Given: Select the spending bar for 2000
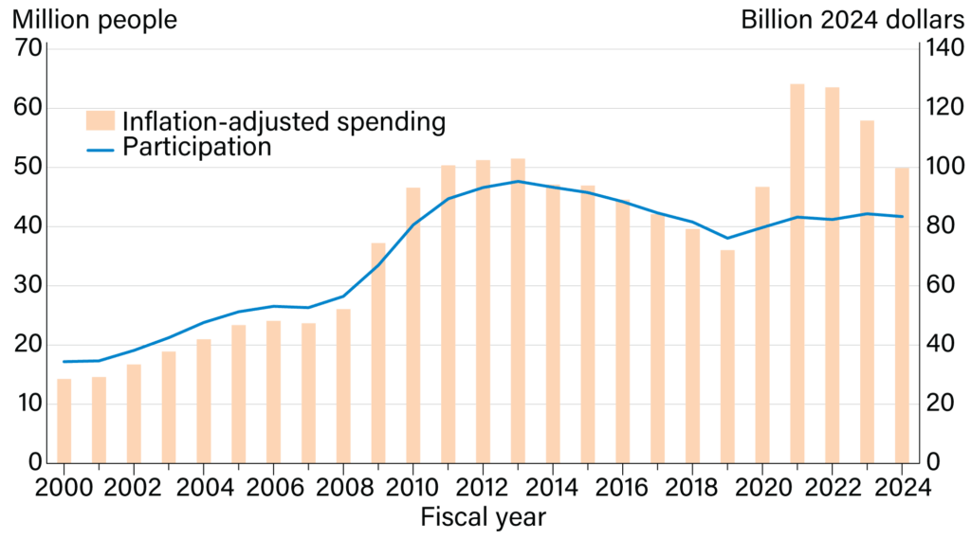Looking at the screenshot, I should [x=64, y=421].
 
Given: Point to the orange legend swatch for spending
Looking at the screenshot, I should [x=101, y=121].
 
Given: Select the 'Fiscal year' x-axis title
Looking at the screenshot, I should [x=483, y=517].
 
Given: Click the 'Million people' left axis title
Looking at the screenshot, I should [x=95, y=20].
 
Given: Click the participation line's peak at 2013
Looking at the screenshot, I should [x=518, y=181].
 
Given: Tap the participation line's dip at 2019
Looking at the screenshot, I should [x=727, y=238].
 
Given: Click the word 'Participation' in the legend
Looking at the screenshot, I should [x=197, y=148].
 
